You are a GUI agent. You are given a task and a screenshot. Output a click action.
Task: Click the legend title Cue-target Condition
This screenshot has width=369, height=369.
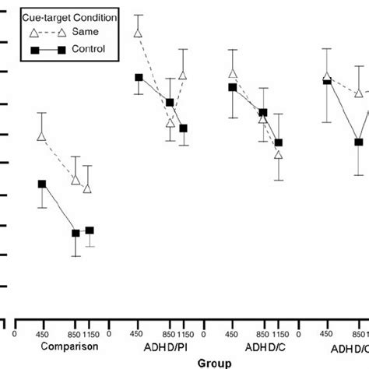click(58, 16)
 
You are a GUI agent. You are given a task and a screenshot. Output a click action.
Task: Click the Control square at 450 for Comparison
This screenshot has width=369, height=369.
click(42, 184)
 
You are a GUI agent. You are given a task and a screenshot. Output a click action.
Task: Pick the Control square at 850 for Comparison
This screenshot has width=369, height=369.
click(76, 233)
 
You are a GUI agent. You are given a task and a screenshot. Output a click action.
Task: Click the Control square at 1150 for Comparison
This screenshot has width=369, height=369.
click(90, 230)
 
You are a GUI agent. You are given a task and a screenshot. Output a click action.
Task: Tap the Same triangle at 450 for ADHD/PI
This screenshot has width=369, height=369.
click(138, 33)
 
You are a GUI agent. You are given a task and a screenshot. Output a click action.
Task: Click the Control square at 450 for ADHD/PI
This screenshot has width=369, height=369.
click(139, 78)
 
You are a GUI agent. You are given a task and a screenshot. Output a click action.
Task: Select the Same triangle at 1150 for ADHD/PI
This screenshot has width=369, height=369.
click(184, 76)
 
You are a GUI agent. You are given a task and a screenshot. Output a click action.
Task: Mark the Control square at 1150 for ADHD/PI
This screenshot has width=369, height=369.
click(184, 128)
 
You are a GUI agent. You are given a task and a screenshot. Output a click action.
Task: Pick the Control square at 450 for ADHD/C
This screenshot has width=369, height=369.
click(232, 87)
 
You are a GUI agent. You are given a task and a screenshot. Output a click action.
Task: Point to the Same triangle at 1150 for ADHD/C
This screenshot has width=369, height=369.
click(279, 155)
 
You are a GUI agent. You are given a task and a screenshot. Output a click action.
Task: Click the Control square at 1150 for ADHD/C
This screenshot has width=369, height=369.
click(279, 142)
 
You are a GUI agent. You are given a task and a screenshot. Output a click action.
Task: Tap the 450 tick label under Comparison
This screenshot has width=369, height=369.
click(42, 332)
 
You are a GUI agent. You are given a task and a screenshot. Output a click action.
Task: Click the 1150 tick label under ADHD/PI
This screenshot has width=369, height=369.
click(184, 332)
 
